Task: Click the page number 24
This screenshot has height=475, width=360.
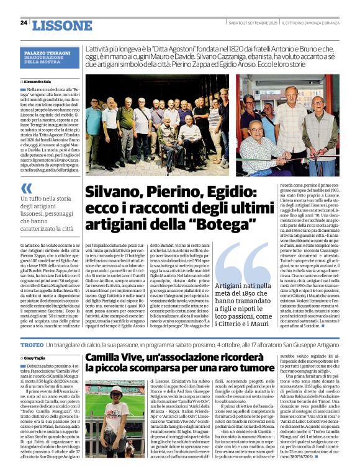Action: tap(24, 23)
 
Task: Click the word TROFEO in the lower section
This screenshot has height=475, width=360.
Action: tap(32, 344)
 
